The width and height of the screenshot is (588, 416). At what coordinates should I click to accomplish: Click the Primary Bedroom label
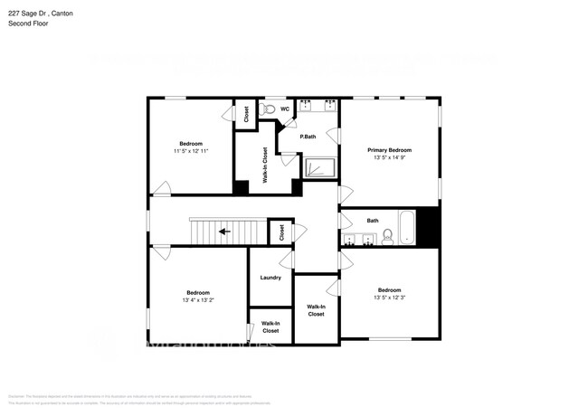coord(389,150)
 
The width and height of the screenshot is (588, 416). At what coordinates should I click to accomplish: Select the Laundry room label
coord(270,278)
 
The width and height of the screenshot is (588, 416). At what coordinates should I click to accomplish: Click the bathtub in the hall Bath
coord(406,228)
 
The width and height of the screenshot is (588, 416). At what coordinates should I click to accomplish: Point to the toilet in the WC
coord(266,109)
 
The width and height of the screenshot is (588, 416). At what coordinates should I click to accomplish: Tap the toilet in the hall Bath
coord(387,238)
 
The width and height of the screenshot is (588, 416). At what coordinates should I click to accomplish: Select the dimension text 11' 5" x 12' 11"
coord(191,152)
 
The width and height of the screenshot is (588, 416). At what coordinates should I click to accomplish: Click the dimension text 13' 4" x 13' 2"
coord(198,300)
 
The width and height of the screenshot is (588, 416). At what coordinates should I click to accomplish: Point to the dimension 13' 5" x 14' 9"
coord(389,158)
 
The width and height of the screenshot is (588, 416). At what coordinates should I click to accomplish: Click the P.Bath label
coord(308,137)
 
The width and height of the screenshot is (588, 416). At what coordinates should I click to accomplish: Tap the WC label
coord(284,109)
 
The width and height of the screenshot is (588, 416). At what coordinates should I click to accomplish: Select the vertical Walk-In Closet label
coord(265,165)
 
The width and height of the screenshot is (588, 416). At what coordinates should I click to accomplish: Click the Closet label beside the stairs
coord(281,232)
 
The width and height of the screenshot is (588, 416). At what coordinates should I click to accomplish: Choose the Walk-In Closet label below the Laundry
coord(270,326)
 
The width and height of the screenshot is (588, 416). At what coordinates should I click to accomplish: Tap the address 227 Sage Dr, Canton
coord(41,13)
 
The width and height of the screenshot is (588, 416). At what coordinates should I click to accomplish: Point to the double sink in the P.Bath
coord(318,106)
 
